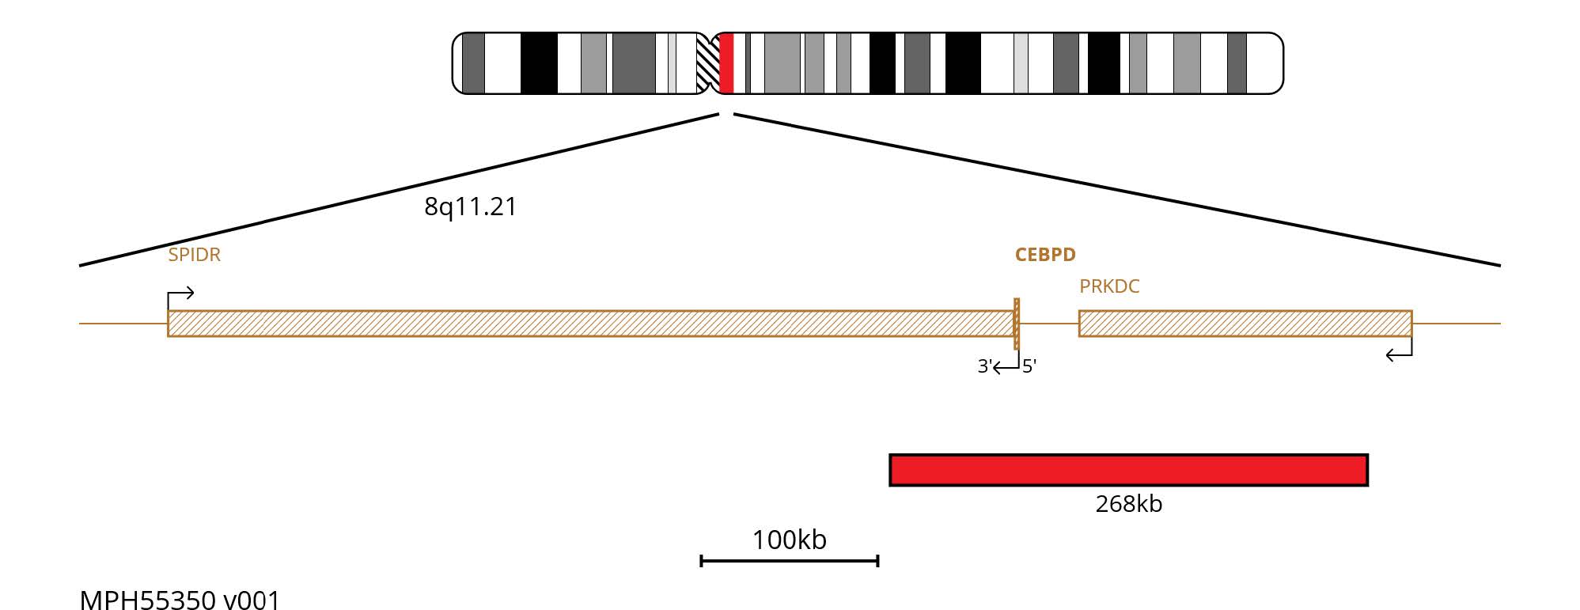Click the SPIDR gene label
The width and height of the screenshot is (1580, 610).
click(194, 255)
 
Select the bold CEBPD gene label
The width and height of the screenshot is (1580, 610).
click(1045, 255)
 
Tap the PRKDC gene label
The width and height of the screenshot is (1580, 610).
click(1109, 286)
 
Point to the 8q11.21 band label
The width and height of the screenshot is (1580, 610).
click(470, 206)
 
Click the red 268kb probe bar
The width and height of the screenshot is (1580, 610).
click(1128, 470)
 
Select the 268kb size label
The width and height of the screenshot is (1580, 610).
click(1128, 504)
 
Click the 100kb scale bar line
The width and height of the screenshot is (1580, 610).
click(790, 561)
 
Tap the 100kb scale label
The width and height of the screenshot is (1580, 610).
click(790, 540)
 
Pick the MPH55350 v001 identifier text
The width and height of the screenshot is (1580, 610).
click(180, 600)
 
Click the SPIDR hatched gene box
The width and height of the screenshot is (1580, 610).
click(589, 324)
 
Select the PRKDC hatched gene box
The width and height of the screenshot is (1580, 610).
click(1245, 324)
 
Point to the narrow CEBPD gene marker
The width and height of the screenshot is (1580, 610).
click(1017, 324)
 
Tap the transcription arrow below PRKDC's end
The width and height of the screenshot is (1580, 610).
click(1400, 353)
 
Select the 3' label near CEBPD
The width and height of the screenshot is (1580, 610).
click(984, 366)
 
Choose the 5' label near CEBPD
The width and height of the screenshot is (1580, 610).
click(1029, 366)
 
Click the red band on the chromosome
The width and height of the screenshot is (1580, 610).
click(727, 63)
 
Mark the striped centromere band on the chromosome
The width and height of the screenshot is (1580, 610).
click(707, 63)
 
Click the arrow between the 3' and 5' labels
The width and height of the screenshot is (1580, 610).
click(1006, 366)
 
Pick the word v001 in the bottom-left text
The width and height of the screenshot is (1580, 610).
click(252, 600)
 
